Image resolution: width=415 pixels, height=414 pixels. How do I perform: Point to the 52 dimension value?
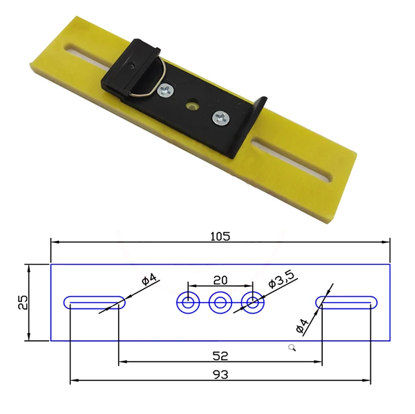pyautogui.click(x=220, y=356)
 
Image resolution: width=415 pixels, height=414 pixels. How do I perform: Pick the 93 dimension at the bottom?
pyautogui.click(x=220, y=374)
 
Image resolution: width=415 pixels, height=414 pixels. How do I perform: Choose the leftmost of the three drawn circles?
pyautogui.click(x=189, y=302)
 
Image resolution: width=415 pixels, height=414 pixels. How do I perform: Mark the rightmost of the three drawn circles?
pyautogui.click(x=252, y=302)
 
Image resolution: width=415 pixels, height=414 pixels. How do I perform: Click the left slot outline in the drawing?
pyautogui.click(x=94, y=302)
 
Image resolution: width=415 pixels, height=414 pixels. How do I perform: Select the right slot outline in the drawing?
pyautogui.click(x=347, y=302)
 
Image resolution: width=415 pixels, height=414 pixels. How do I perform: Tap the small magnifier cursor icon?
pyautogui.click(x=292, y=349)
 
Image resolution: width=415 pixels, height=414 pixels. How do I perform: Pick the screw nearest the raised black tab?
pyautogui.click(x=220, y=117)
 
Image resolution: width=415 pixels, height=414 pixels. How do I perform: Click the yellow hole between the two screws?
pyautogui.click(x=192, y=104)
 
